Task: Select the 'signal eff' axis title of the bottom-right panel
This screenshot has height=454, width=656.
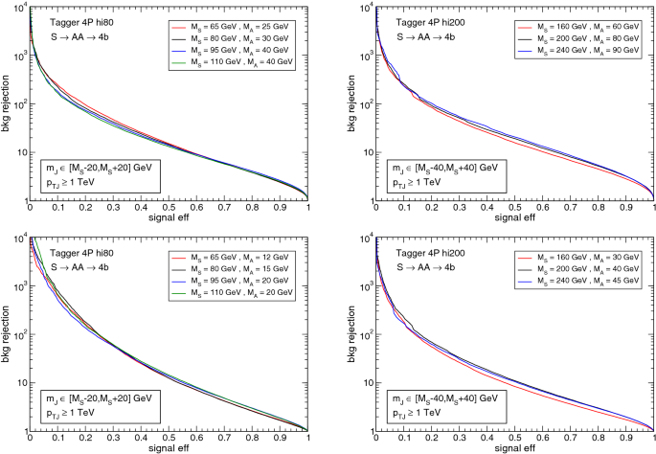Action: click(513, 447)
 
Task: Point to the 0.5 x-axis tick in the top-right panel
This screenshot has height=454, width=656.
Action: click(514, 208)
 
